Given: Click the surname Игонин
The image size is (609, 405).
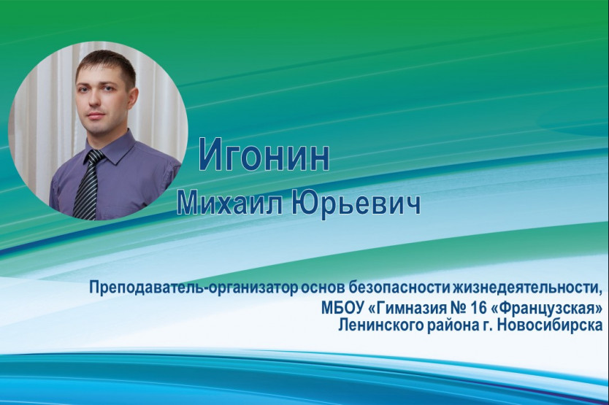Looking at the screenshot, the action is [x=264, y=155].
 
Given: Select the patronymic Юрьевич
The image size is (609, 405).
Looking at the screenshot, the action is [x=356, y=203].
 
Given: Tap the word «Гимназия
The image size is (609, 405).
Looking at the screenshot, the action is [x=406, y=309].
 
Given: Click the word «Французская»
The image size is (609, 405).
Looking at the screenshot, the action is [x=546, y=309].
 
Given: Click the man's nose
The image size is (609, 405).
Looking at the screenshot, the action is [x=96, y=101].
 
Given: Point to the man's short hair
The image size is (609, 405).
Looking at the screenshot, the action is [x=106, y=65].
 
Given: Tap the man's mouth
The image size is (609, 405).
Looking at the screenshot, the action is [x=95, y=116].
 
